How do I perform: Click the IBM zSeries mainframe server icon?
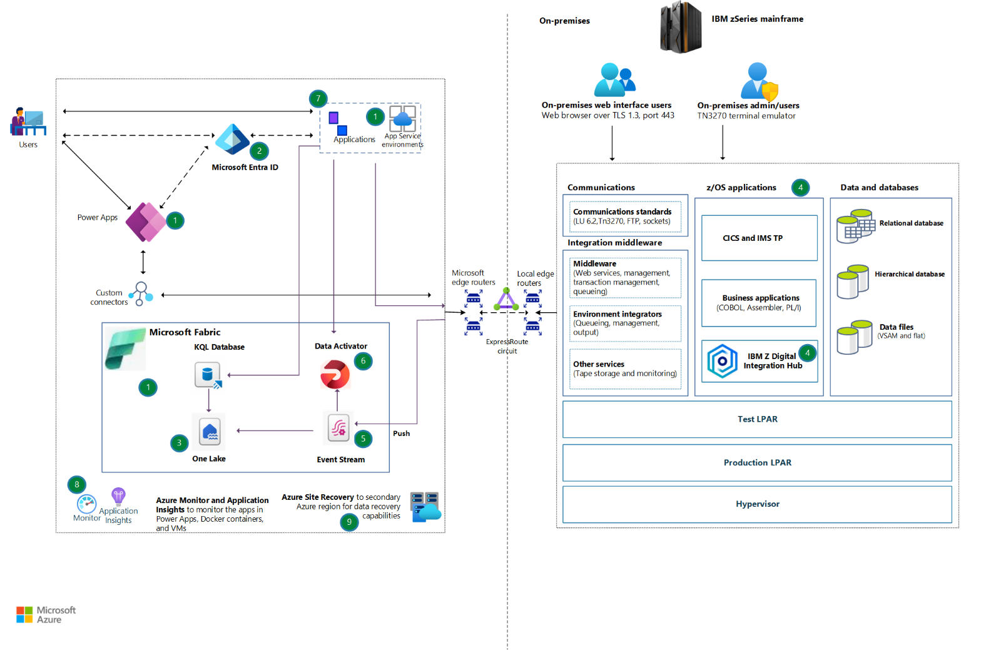681,27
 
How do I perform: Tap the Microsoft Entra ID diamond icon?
232,140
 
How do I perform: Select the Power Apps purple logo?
145,222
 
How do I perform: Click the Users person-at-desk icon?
28,122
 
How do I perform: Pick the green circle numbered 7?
318,98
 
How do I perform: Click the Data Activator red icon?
335,374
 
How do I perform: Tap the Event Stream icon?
338,428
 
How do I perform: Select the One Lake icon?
210,431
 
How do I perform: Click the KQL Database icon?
208,375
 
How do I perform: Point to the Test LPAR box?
757,419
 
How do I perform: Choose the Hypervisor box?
757,504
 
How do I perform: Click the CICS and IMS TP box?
759,238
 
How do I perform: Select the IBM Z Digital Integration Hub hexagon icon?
722,361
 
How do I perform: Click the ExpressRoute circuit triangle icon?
506,300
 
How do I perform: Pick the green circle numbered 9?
349,522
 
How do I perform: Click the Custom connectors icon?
141,293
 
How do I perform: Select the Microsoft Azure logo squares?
24,614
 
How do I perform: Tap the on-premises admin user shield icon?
770,91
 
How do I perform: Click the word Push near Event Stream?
401,434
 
